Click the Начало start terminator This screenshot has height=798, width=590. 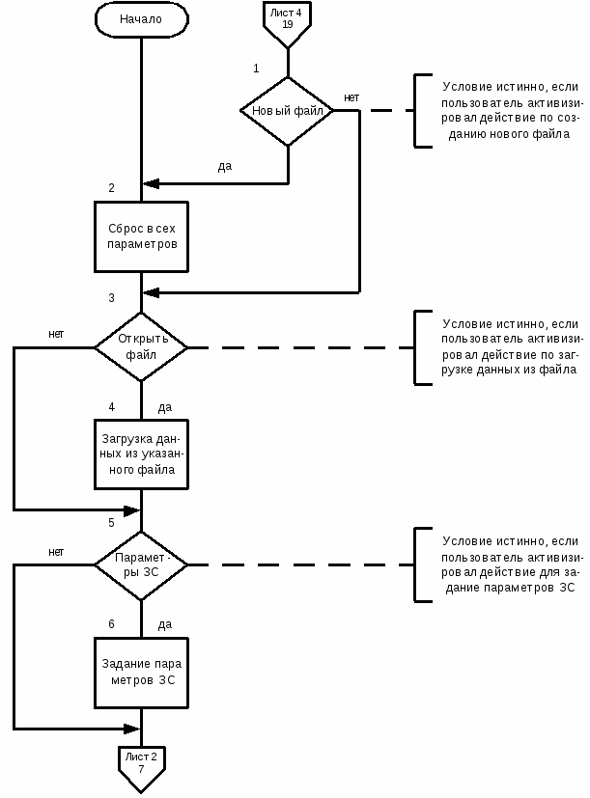pos(141,19)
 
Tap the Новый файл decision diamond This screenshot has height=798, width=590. pos(288,111)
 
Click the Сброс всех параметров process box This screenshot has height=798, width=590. pos(141,236)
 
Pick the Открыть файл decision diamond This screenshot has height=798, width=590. pos(141,347)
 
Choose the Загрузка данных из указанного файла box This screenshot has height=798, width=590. pos(141,454)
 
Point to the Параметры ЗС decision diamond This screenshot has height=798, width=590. pos(141,564)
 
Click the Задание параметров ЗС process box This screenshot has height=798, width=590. pos(141,673)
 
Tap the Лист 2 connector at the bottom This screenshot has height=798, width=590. pos(141,768)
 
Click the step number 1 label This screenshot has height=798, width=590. pos(256,69)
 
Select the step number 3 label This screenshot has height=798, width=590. pos(112,298)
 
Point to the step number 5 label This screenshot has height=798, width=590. pos(112,523)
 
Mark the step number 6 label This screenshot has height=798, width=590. pos(112,624)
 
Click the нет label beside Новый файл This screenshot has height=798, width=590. pos(351,97)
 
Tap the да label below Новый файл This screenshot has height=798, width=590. pos(225,166)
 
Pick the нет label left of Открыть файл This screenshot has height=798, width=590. pos(56,335)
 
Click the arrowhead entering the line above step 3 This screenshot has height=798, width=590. pos(151,292)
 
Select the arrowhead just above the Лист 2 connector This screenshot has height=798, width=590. pos(131,729)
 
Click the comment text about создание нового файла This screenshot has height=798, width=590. pos(511,110)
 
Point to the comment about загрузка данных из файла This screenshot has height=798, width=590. pos(511,347)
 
